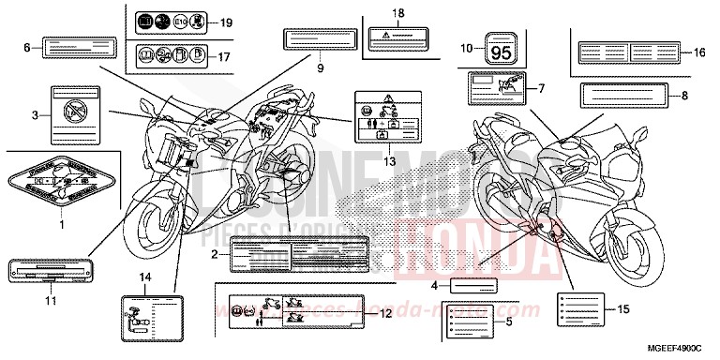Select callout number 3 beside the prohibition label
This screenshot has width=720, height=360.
35,114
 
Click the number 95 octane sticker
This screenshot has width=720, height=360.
502,49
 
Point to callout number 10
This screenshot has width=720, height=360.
466,47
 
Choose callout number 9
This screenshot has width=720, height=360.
319,67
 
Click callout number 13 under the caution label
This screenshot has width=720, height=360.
388,159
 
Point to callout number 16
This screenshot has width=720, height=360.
697,53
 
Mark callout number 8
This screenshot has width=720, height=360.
684,95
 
